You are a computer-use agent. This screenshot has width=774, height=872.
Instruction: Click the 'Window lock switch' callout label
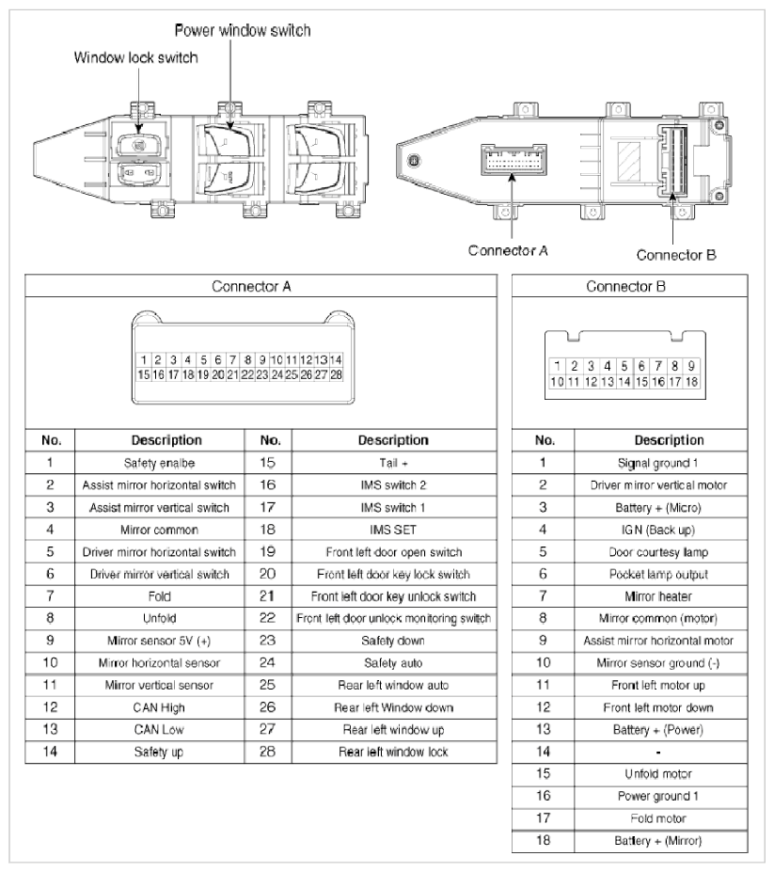[136, 58]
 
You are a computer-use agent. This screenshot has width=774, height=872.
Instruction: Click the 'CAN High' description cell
[161, 706]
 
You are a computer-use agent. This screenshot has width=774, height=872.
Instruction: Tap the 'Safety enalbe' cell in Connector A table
[161, 463]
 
